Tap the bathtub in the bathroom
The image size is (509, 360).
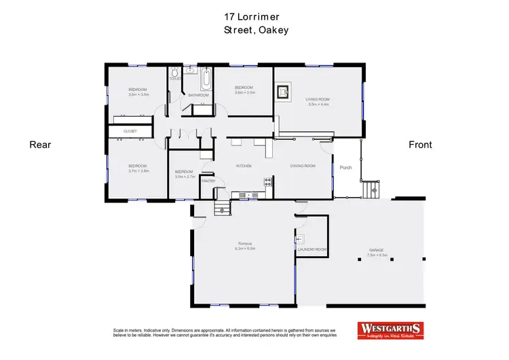tap(205, 79)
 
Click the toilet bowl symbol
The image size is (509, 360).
tap(174, 71)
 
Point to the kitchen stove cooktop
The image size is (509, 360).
tap(268, 182)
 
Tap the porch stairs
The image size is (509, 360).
tap(370, 190)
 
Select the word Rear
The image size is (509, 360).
tap(40, 145)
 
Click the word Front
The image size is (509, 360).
tap(420, 145)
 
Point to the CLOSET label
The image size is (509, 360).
tap(130, 131)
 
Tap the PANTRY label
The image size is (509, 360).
tap(208, 181)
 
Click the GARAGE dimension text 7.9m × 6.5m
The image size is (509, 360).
tap(377, 255)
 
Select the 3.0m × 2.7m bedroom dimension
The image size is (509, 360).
tap(185, 177)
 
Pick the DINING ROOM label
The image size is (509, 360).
tap(303, 166)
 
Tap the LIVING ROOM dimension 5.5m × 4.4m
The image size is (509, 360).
tap(318, 105)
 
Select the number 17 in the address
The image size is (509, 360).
tap(229, 16)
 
